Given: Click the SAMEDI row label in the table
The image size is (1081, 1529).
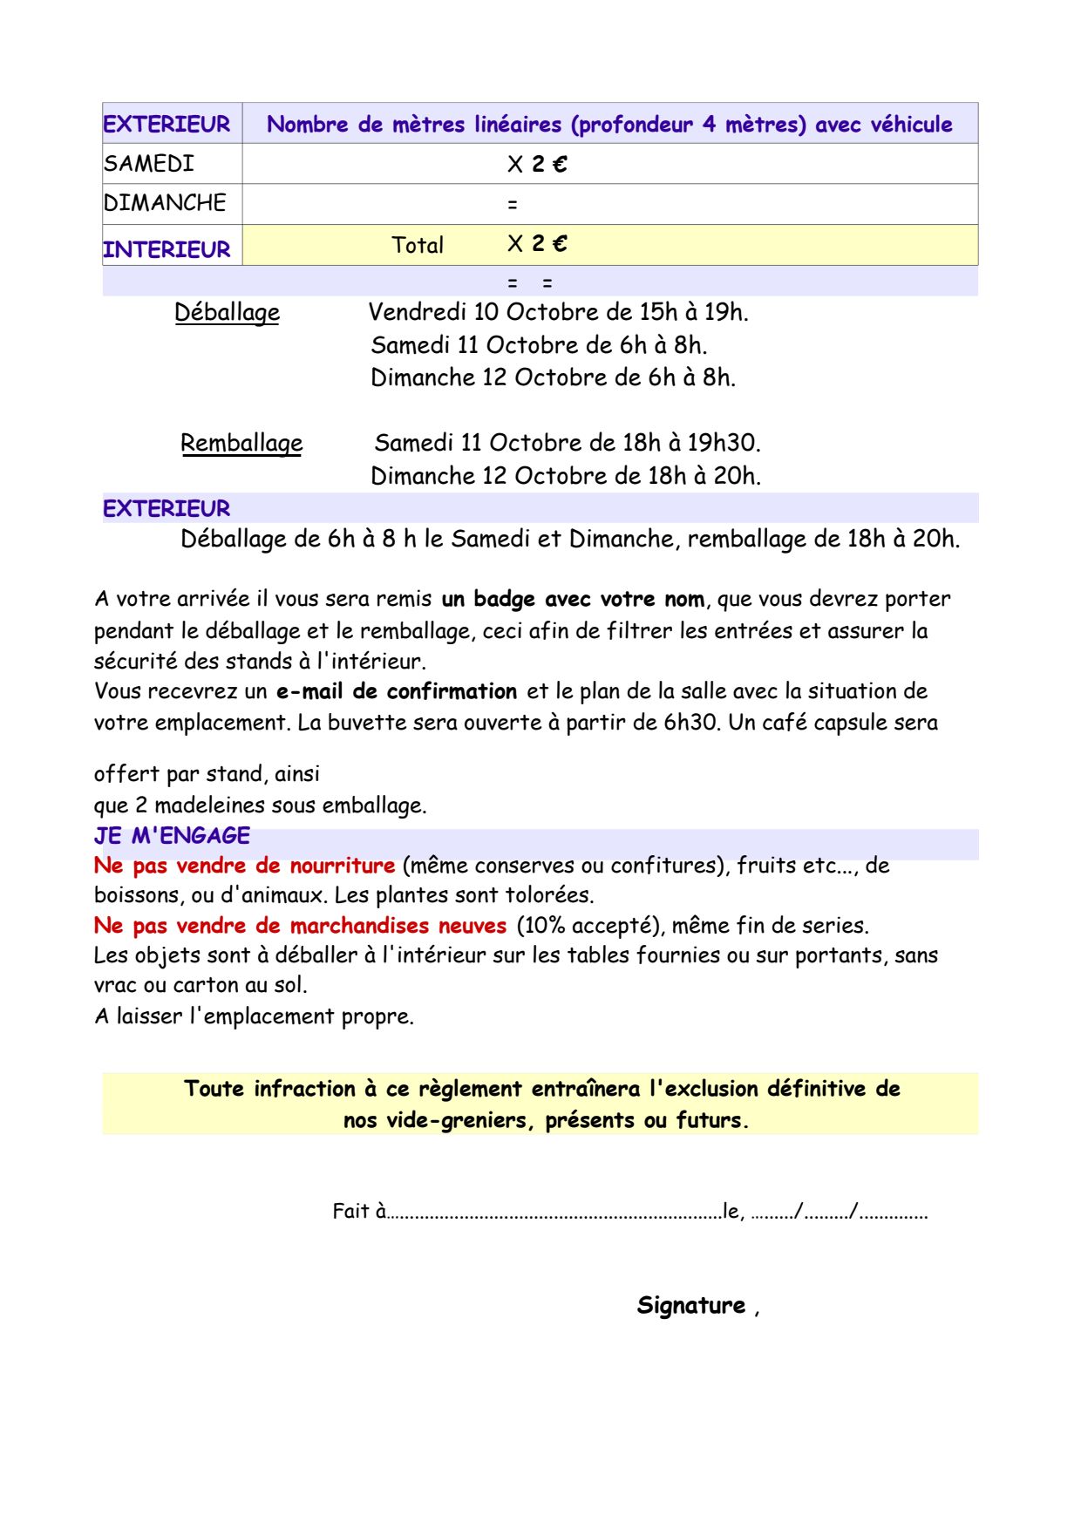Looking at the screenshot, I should click(149, 164).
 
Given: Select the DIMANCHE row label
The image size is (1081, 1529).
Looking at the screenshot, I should click(165, 203).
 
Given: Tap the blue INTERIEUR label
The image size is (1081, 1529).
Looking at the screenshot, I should click(167, 249).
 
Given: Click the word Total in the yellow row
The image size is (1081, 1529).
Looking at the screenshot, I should click(418, 245).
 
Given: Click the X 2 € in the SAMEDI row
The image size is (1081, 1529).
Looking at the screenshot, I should click(537, 164).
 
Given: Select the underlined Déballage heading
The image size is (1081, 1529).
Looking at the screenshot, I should click(227, 312).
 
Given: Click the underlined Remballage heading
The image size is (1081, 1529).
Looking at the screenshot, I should click(241, 443).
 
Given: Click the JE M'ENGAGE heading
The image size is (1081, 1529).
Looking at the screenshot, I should click(172, 835).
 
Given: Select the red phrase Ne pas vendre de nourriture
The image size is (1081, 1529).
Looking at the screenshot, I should click(244, 866).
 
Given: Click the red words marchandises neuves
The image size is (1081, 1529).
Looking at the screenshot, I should click(398, 925).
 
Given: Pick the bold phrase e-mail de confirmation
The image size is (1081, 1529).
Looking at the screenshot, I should click(397, 691).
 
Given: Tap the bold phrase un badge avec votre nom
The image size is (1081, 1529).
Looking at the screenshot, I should click(573, 599).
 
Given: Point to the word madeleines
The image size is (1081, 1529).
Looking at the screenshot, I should click(210, 805).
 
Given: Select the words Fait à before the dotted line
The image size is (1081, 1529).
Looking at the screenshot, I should click(358, 1211).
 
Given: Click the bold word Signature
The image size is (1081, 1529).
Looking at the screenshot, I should click(690, 1305).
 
